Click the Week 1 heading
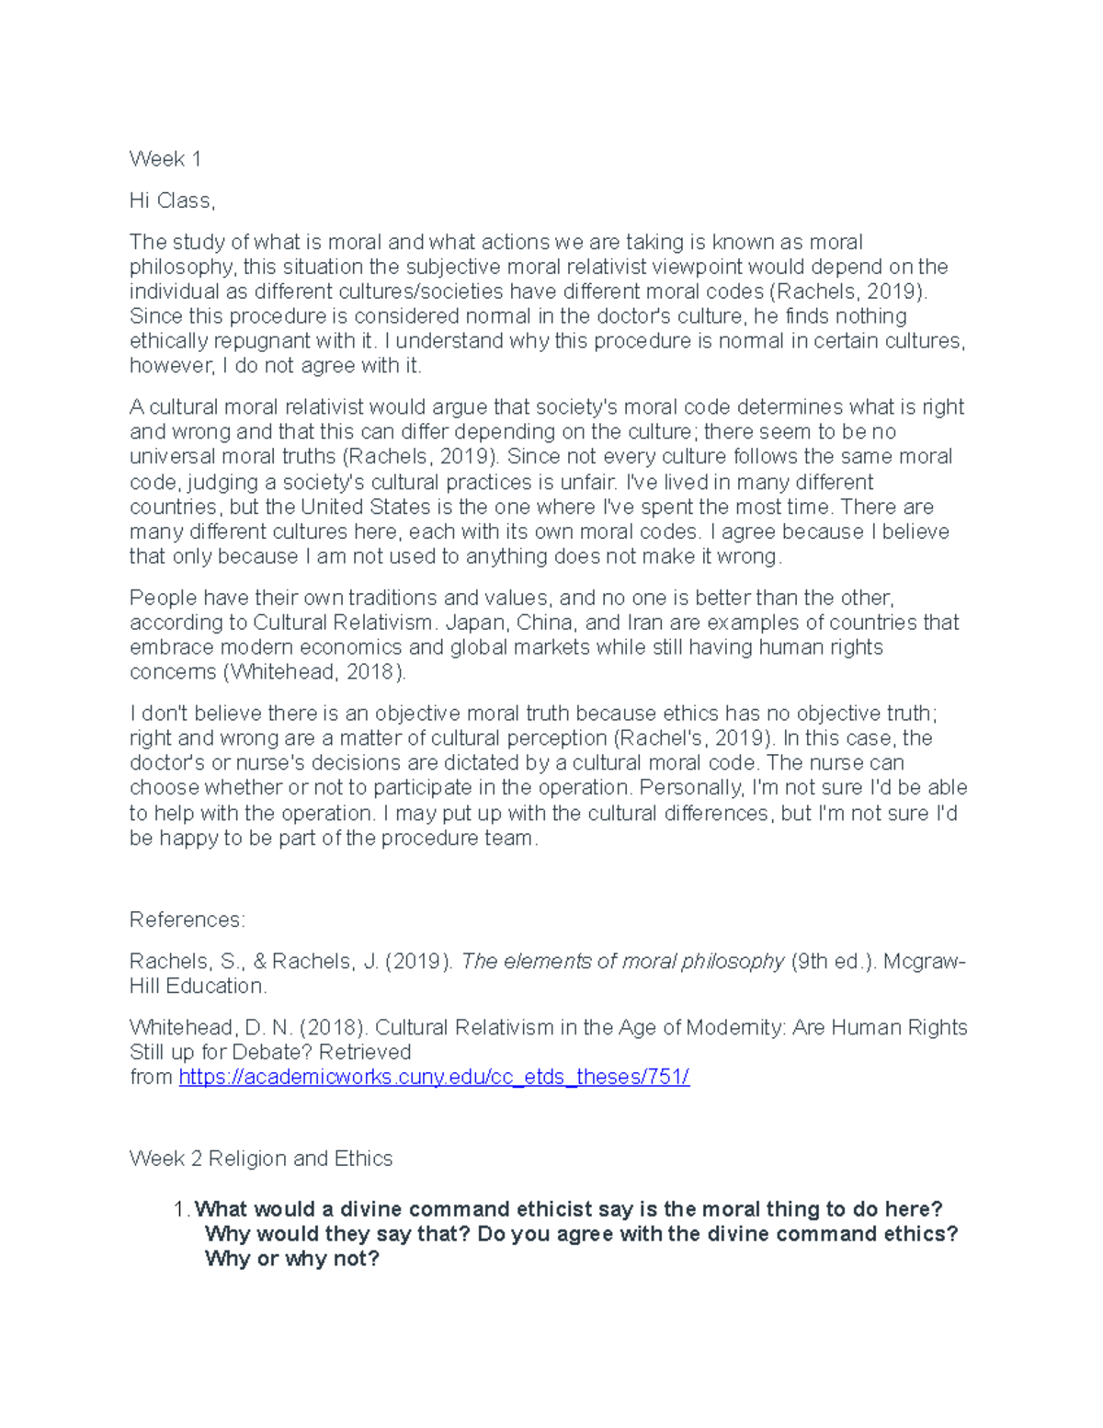coord(165,159)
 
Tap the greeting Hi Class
coord(172,200)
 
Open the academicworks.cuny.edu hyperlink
coord(434,1077)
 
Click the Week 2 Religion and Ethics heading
coord(261,1159)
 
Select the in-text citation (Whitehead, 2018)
coord(313,672)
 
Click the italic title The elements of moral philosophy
coord(622,961)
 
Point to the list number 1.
coord(181,1209)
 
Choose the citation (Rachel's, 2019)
coord(691,738)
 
